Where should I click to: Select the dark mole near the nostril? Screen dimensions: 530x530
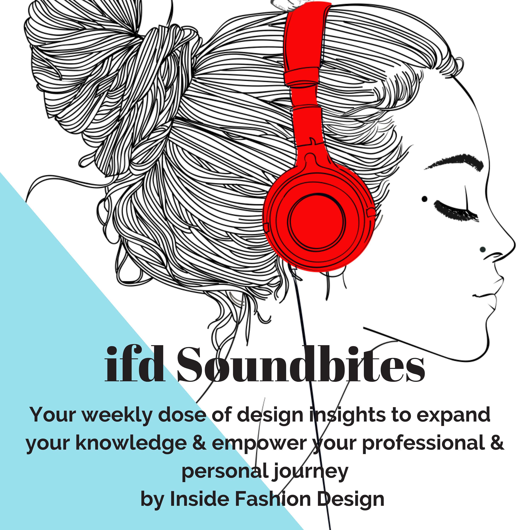[x=482, y=249]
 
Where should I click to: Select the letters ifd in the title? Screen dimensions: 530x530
[x=134, y=365]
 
